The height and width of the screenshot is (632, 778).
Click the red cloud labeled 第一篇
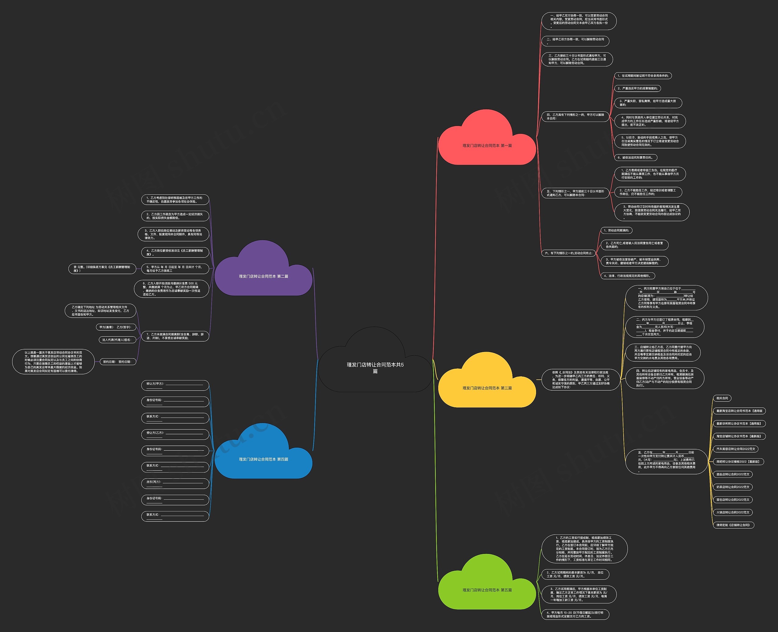[x=487, y=145]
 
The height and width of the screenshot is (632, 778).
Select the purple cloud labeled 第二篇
[x=263, y=276]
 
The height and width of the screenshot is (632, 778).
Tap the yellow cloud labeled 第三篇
[x=487, y=388]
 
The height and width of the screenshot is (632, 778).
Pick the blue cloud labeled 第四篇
[x=263, y=459]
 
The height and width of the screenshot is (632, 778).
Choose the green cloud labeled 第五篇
[x=487, y=590]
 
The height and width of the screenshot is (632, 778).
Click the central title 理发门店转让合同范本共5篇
[x=375, y=367]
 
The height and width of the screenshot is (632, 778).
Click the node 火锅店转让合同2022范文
[x=733, y=512]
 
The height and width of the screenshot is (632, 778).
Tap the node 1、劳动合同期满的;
[x=616, y=231]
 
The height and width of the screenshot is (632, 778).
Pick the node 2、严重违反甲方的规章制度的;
[x=637, y=88]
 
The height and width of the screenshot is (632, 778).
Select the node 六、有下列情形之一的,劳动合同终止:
[x=568, y=253]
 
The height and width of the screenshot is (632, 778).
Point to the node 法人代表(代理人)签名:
[x=117, y=340]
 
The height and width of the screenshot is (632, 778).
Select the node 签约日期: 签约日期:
[x=117, y=361]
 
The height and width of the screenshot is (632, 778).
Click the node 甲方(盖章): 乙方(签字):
[x=116, y=327]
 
